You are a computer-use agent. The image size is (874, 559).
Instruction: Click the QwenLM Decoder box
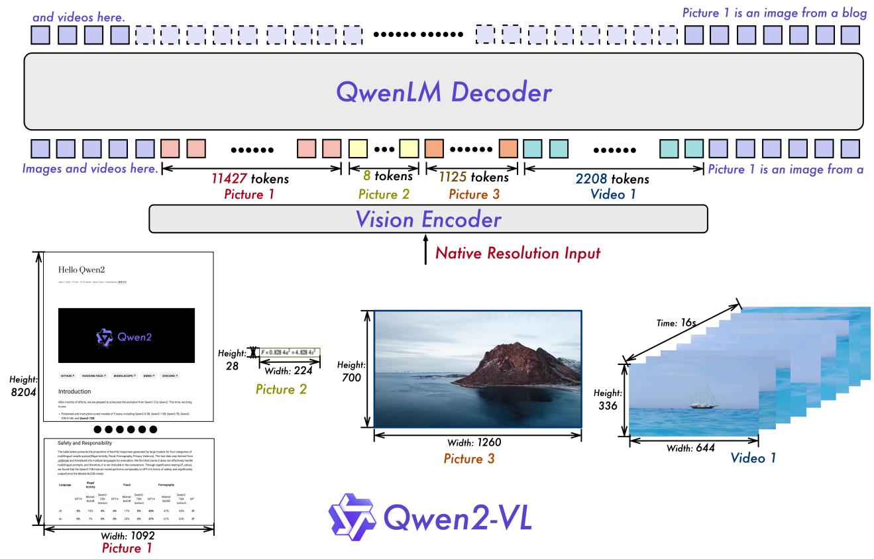pyautogui.click(x=443, y=92)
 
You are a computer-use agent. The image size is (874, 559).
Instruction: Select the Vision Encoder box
pyautogui.click(x=428, y=219)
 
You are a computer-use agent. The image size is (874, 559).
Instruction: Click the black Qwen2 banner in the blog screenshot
pyautogui.click(x=127, y=336)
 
